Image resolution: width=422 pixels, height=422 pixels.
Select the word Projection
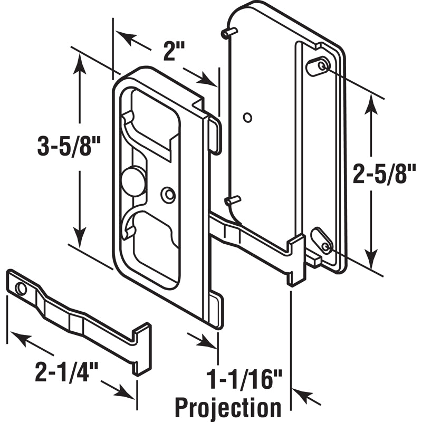click(228, 407)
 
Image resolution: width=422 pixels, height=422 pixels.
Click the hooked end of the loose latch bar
click(141, 348)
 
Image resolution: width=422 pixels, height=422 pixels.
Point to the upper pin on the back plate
click(228, 34)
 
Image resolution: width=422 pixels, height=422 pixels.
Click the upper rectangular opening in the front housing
click(153, 121)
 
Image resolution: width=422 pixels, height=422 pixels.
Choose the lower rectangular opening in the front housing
click(156, 248)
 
